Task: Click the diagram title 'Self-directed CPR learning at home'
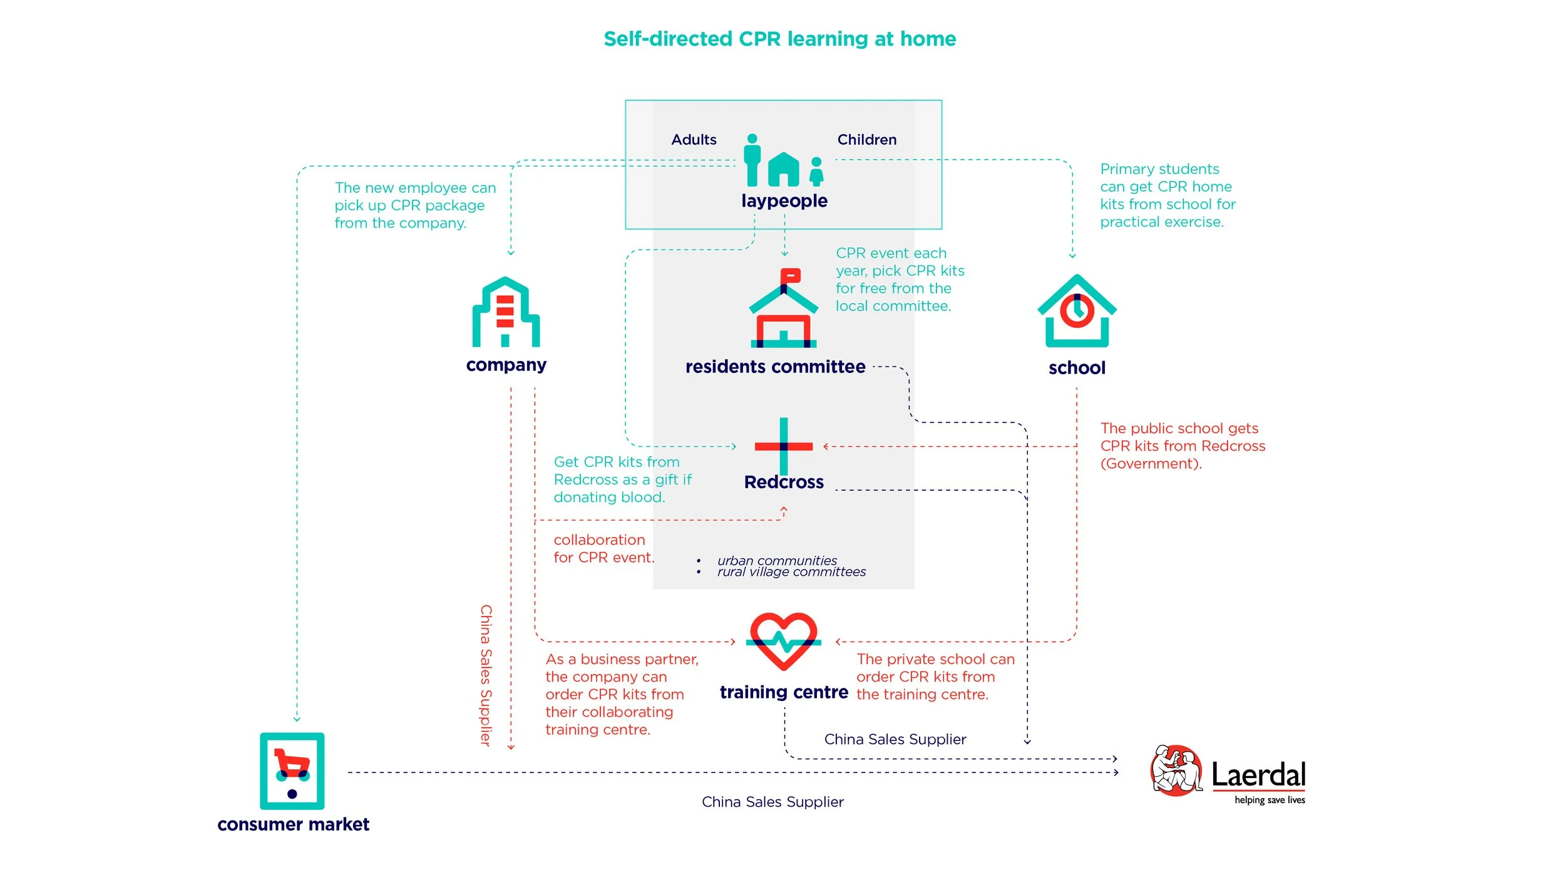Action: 779,39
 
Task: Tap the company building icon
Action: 506,312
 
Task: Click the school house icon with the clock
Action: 1077,312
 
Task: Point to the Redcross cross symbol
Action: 784,446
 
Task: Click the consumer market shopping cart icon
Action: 292,770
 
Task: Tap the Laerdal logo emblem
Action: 1176,770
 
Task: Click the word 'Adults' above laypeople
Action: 694,140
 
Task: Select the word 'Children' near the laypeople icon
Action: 867,140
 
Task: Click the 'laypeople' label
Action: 784,201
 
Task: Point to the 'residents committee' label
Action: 775,367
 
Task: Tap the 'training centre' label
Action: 784,692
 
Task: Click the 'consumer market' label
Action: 293,824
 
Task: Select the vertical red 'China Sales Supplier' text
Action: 486,675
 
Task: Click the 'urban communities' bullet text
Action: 777,560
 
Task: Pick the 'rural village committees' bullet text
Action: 791,572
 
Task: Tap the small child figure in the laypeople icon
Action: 816,171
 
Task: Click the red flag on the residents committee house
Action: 790,275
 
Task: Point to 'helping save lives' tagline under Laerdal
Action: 1270,800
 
